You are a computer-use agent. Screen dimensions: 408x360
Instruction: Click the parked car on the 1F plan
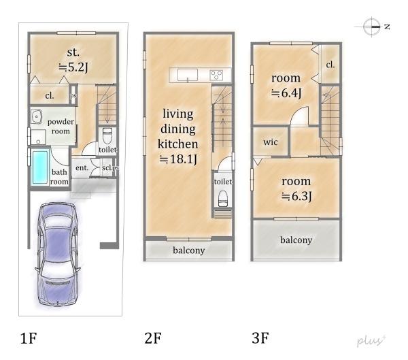coord(58,253)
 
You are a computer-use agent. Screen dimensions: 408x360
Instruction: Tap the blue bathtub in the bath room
coord(40,167)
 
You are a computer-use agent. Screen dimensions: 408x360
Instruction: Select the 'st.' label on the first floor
coord(73,52)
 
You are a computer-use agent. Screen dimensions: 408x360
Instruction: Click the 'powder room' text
coord(61,127)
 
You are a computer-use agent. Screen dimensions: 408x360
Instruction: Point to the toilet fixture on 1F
coord(107,135)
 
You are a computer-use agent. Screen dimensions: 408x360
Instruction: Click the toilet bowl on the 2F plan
coord(223,199)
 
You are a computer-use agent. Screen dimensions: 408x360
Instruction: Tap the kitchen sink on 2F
coord(188,75)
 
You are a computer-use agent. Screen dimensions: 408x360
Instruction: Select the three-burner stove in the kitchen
coord(216,76)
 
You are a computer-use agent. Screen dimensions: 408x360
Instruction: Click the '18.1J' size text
coord(178,159)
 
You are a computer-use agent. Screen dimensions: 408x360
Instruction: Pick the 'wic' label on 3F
coord(271,142)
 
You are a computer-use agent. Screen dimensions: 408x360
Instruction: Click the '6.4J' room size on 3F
coord(286,93)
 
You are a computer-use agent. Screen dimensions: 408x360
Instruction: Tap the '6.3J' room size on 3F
coord(296,196)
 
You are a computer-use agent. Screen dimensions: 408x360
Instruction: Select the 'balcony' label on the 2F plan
coord(188,250)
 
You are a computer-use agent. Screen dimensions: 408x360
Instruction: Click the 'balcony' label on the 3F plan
coord(296,240)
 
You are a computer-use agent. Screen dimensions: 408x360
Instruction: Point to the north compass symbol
coord(372,27)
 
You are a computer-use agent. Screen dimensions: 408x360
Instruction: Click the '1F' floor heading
coord(29,338)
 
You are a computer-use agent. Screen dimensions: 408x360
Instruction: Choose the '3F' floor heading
coord(260,338)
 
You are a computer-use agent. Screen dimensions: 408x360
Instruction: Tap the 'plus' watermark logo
coord(371,341)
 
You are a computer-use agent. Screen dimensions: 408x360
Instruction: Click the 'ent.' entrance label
coord(82,168)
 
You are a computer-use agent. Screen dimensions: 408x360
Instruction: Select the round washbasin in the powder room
coord(36,116)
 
